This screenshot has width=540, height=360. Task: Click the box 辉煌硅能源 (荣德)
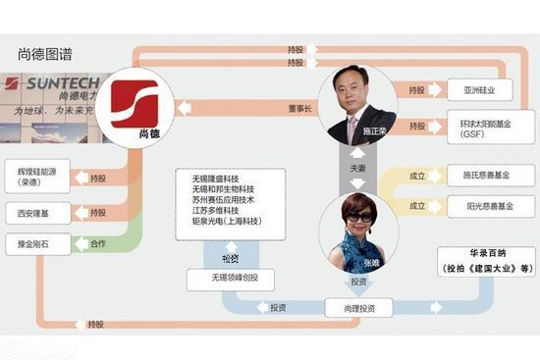(38, 175)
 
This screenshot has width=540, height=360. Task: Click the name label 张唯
(373, 265)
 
